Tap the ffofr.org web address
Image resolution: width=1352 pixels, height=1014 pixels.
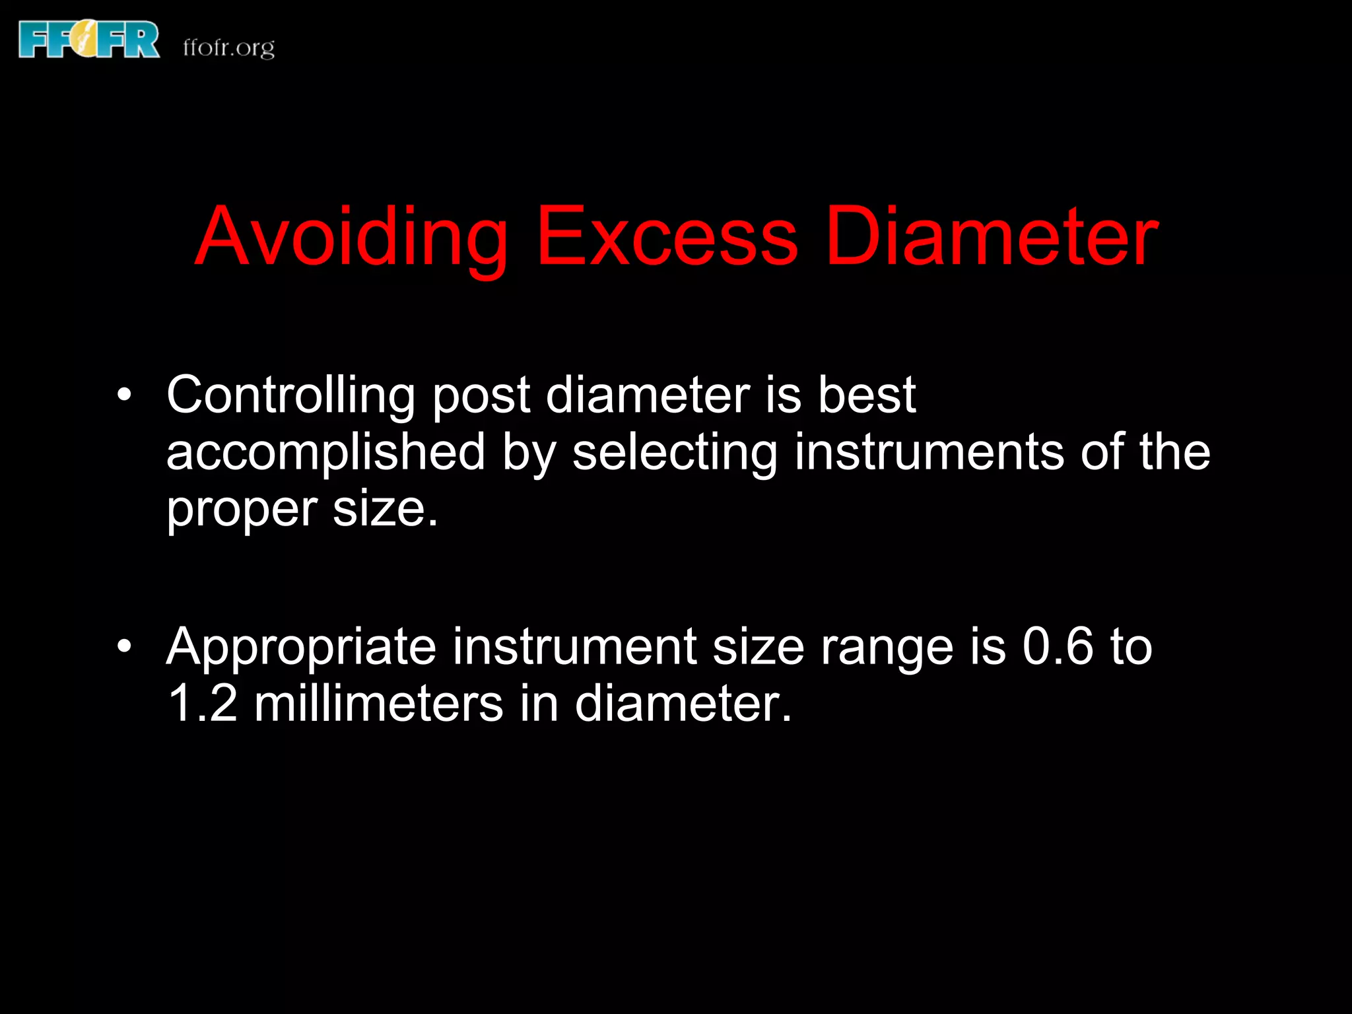pyautogui.click(x=228, y=48)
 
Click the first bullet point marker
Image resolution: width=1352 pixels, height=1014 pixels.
pyautogui.click(x=124, y=395)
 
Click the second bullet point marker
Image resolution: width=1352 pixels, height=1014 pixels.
pyautogui.click(x=124, y=646)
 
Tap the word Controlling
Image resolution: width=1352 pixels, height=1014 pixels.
pyautogui.click(x=290, y=395)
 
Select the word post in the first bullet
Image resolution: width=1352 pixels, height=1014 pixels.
pyautogui.click(x=481, y=397)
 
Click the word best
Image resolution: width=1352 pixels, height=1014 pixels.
pyautogui.click(x=866, y=395)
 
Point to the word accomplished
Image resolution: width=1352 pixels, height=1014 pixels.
pyautogui.click(x=325, y=454)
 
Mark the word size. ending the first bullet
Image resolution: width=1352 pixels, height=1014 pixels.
pyautogui.click(x=385, y=510)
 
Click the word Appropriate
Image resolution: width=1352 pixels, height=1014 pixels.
pyautogui.click(x=301, y=648)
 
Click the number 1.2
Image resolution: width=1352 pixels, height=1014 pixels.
pyautogui.click(x=202, y=703)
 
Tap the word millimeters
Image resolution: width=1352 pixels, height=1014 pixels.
pyautogui.click(x=379, y=703)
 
